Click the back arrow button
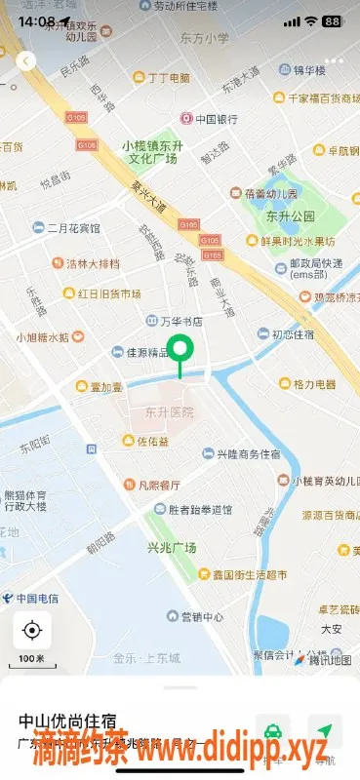(x=26, y=60)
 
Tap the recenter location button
(x=32, y=631)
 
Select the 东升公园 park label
(x=289, y=215)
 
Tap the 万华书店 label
(x=176, y=321)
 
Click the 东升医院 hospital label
(x=169, y=411)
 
